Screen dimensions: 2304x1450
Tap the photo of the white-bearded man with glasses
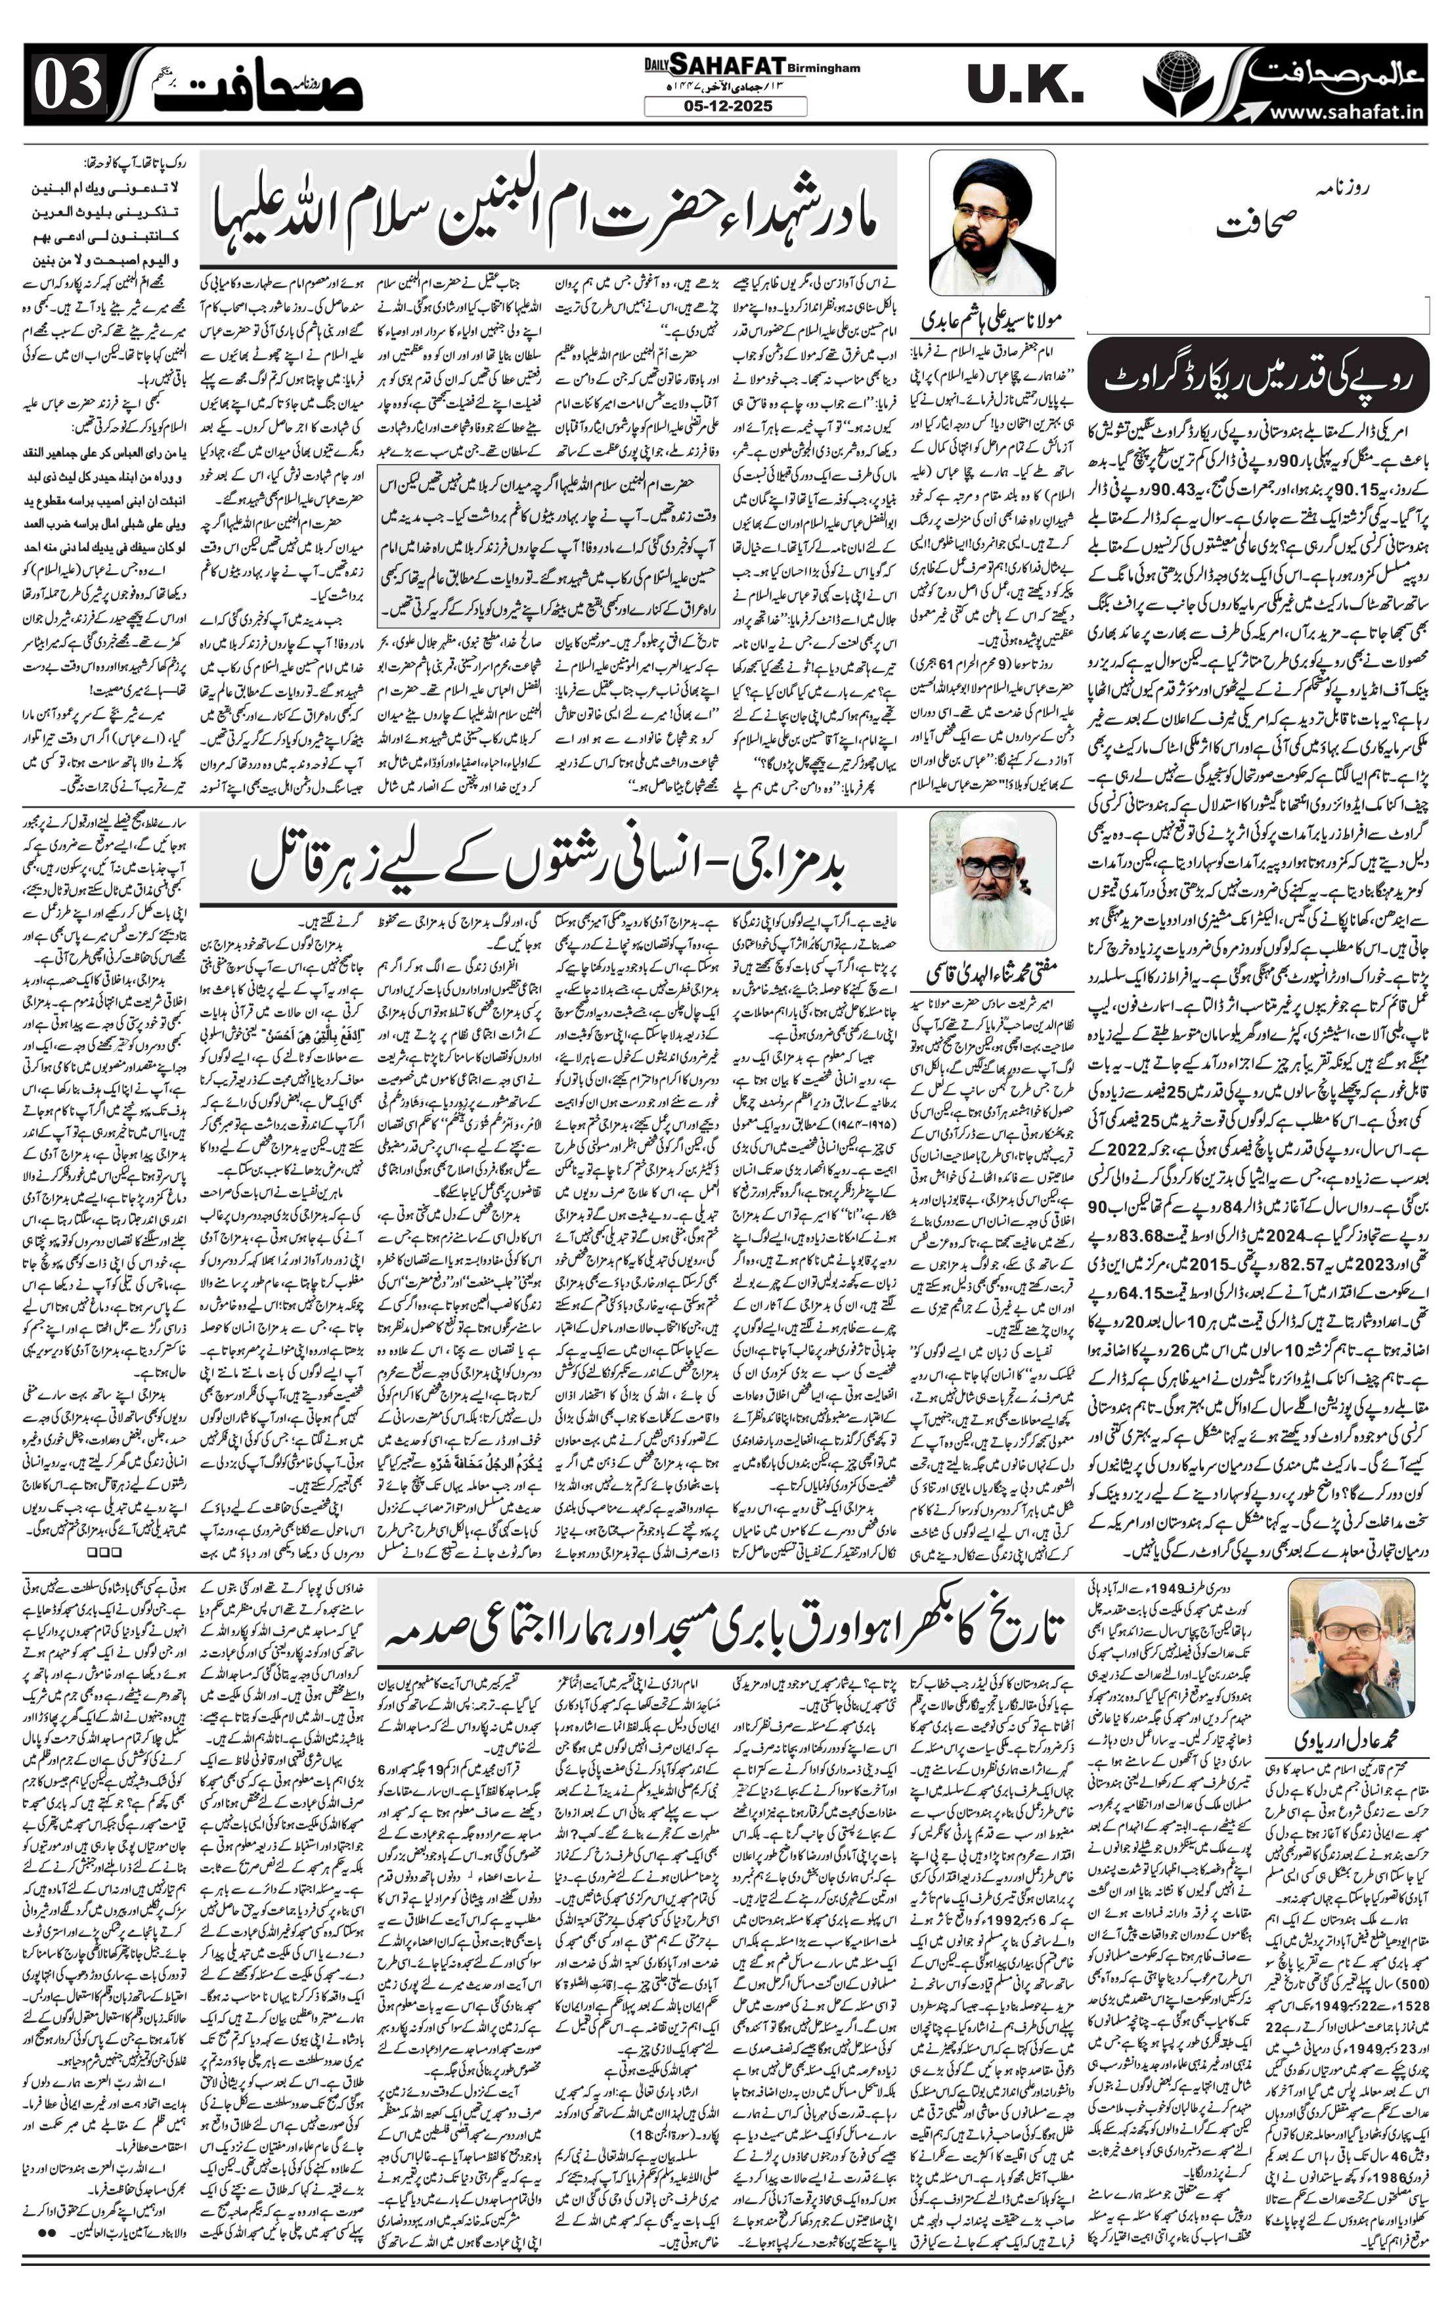coord(992,881)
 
